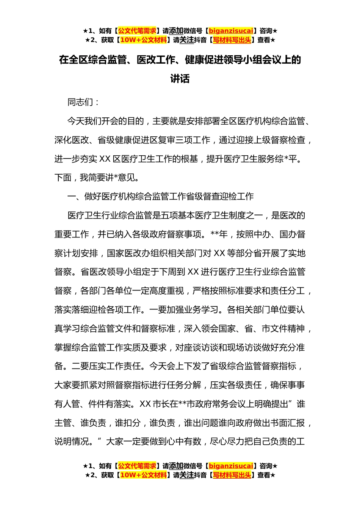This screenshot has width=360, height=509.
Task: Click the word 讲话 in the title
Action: [x=180, y=79]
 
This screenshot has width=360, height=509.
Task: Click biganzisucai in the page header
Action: [x=231, y=31]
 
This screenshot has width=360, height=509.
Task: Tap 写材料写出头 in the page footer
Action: [x=232, y=475]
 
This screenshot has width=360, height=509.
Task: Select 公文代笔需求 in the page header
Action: [x=137, y=31]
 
